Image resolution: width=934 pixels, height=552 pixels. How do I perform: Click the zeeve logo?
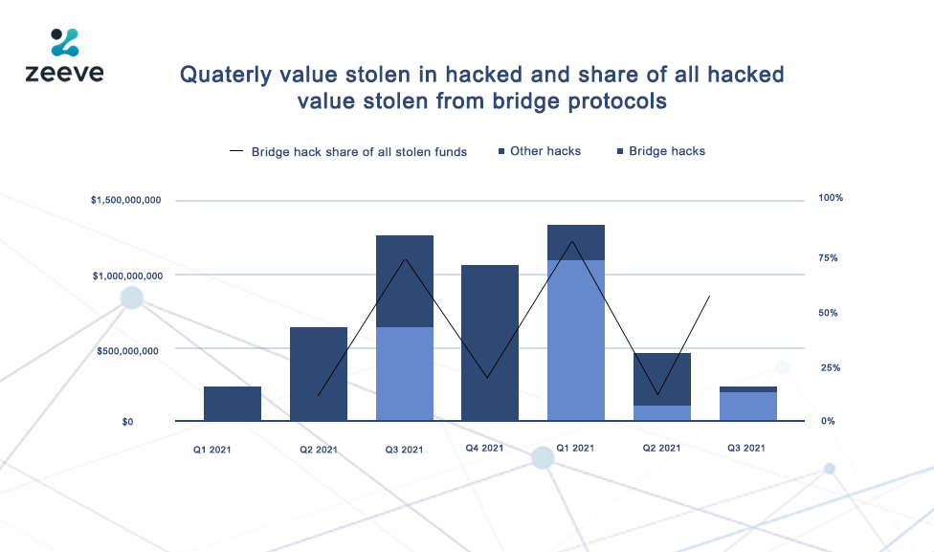64,55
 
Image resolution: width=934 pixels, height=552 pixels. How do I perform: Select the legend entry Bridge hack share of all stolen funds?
348,152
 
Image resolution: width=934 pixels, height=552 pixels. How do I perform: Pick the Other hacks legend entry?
540,151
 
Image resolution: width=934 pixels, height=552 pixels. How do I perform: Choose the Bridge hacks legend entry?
661,151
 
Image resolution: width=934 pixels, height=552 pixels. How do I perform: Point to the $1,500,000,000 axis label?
125,200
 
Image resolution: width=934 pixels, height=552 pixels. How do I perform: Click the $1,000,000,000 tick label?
127,276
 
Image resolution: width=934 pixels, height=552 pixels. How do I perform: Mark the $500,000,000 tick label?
127,351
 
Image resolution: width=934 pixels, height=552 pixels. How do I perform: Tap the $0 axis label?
127,422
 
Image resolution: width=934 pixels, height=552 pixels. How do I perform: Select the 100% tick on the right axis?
831,198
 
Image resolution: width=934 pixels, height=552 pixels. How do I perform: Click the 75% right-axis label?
828,258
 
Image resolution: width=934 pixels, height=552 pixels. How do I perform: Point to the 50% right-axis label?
828,313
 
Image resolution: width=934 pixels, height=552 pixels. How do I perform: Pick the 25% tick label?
831,368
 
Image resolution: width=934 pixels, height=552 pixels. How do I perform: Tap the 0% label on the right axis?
828,421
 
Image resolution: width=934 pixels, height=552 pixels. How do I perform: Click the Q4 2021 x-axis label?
484,448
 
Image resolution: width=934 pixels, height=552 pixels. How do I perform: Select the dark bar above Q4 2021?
490,343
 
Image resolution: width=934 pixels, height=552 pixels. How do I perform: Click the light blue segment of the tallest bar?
576,341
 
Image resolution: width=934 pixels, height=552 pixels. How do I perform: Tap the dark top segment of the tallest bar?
576,242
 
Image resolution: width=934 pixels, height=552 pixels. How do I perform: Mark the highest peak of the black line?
572,241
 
